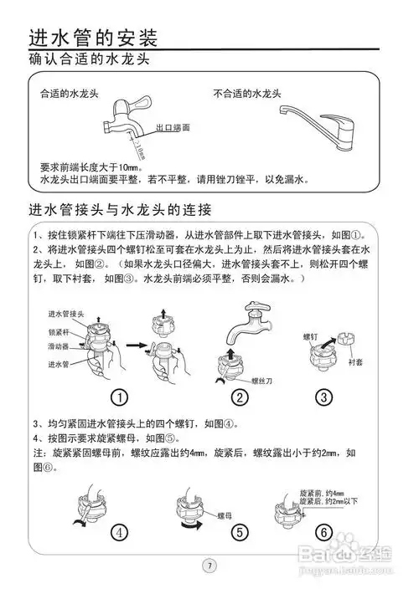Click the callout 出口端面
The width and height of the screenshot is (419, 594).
pyautogui.click(x=173, y=128)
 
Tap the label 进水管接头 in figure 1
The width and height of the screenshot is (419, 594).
pyautogui.click(x=68, y=313)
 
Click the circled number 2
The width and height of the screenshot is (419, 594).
pyautogui.click(x=240, y=397)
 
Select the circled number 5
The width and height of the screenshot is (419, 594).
pyautogui.click(x=240, y=530)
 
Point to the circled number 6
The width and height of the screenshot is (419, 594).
pyautogui.click(x=322, y=530)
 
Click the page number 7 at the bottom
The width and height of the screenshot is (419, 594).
pyautogui.click(x=210, y=565)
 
